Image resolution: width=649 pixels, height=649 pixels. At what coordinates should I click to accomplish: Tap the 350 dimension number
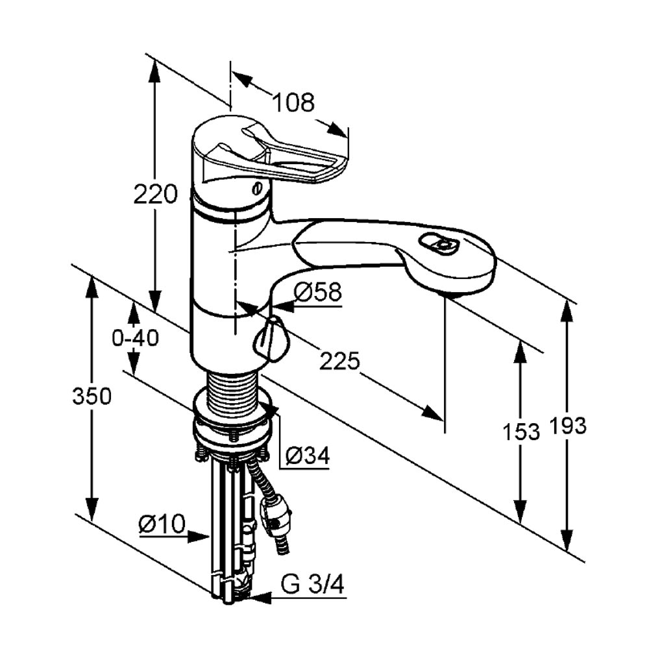pyautogui.click(x=92, y=396)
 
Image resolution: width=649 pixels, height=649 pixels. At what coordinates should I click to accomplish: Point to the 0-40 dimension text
pyautogui.click(x=136, y=338)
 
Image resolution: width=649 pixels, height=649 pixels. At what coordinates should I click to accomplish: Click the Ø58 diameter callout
pyautogui.click(x=318, y=292)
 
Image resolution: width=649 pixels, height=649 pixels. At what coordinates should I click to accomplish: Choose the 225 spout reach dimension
pyautogui.click(x=340, y=361)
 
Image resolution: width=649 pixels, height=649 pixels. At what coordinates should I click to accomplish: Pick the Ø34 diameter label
pyautogui.click(x=308, y=456)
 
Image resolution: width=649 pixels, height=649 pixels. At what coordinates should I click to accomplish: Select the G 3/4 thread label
pyautogui.click(x=313, y=585)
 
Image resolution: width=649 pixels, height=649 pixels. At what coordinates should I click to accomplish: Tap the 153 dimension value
pyautogui.click(x=521, y=432)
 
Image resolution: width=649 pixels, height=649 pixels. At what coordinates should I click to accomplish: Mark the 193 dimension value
pyautogui.click(x=567, y=426)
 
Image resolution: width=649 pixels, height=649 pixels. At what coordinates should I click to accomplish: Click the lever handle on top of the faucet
pyautogui.click(x=273, y=154)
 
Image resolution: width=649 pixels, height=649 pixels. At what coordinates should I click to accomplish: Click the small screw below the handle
pyautogui.click(x=256, y=189)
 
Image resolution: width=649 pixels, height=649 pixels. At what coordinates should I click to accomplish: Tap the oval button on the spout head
pyautogui.click(x=439, y=245)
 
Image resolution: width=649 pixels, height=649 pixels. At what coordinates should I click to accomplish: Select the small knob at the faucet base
pyautogui.click(x=270, y=338)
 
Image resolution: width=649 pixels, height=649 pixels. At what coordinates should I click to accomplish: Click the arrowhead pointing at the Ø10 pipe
pyautogui.click(x=198, y=537)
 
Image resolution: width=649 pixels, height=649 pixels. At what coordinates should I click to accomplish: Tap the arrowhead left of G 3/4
pyautogui.click(x=260, y=597)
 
